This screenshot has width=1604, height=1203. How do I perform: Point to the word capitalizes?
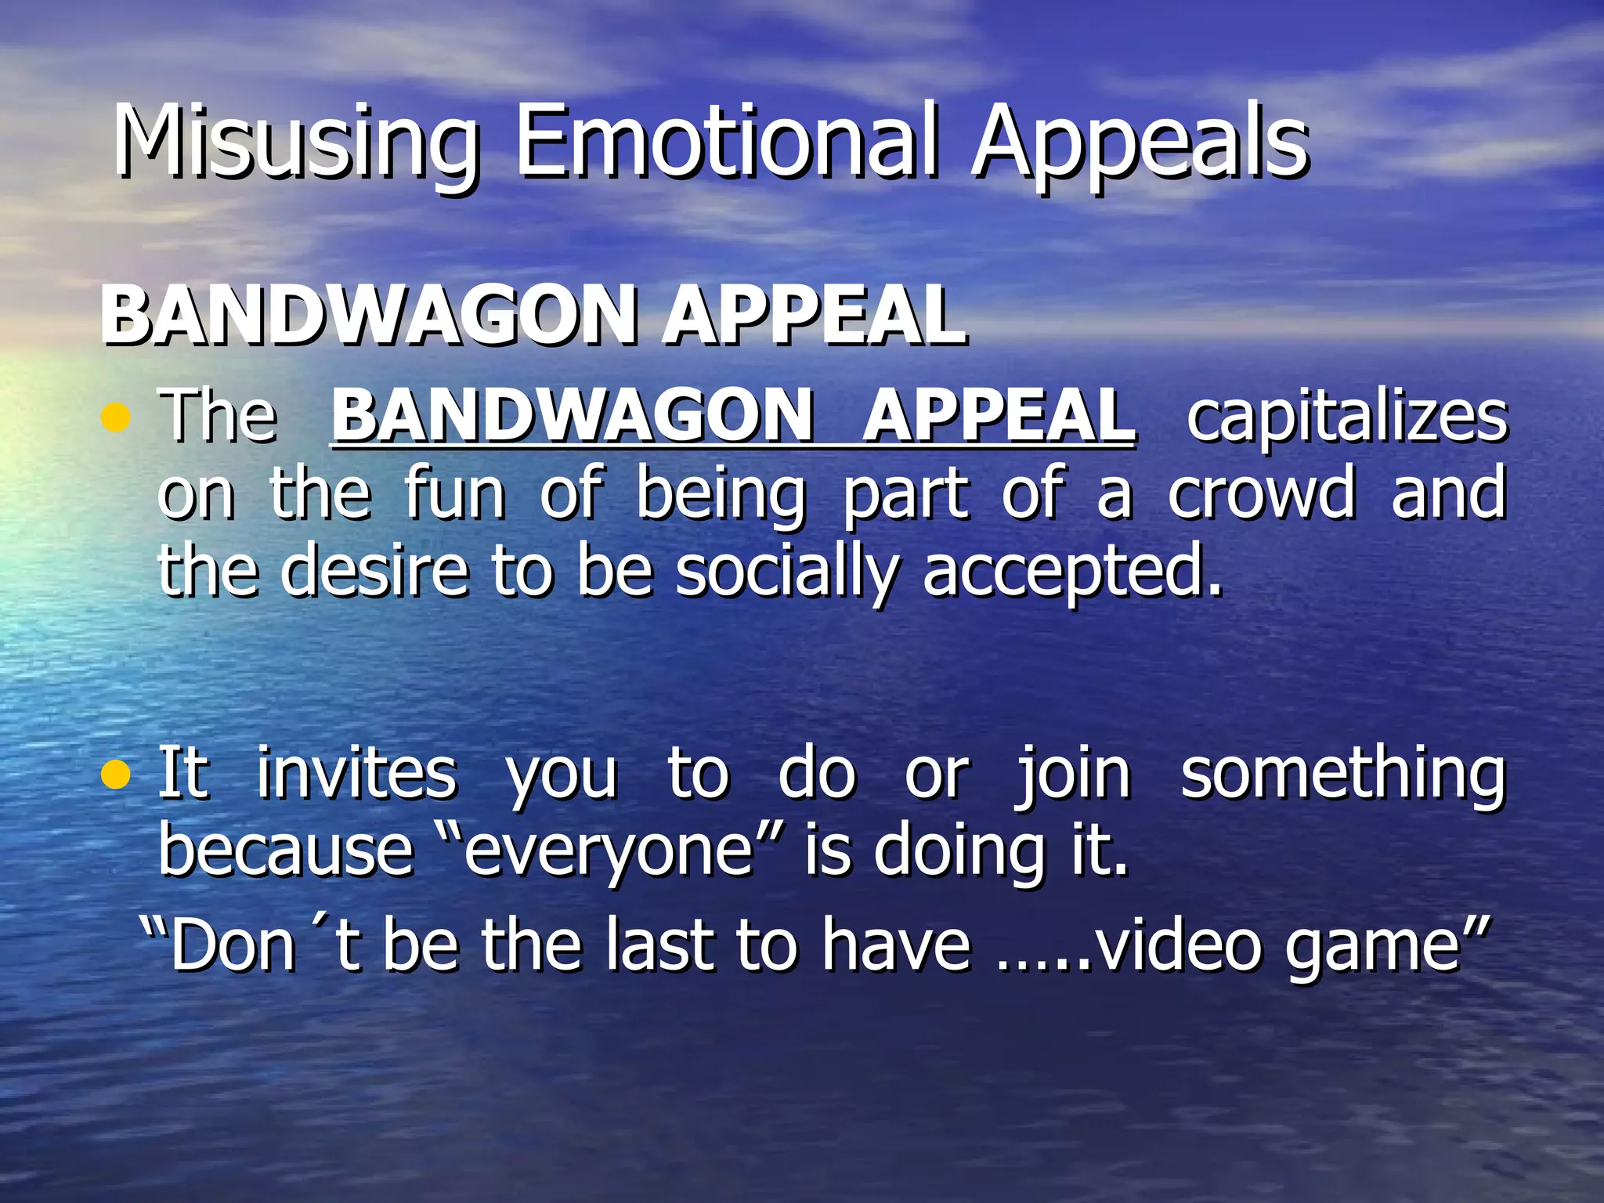point(1346,417)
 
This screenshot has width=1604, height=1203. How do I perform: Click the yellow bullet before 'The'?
point(115,417)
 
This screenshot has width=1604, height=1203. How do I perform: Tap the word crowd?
point(1261,493)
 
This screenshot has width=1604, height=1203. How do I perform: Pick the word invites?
point(356,774)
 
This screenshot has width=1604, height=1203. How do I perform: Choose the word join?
point(1073,774)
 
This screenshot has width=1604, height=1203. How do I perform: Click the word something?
point(1342,774)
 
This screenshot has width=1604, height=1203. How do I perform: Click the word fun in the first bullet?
point(455,493)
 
